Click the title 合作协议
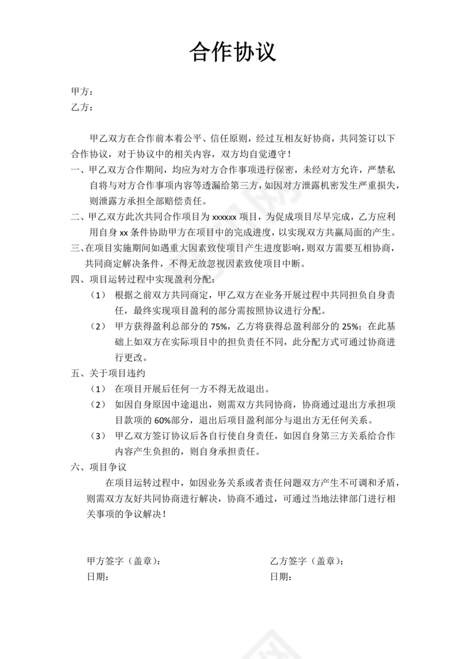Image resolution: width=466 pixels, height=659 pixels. point(233,53)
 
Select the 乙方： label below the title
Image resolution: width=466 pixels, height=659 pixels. point(81,107)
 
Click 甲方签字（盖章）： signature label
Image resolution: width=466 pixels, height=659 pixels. point(126,561)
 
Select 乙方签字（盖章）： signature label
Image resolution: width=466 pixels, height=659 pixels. point(307,561)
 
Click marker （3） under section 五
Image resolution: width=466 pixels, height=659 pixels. point(98,436)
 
